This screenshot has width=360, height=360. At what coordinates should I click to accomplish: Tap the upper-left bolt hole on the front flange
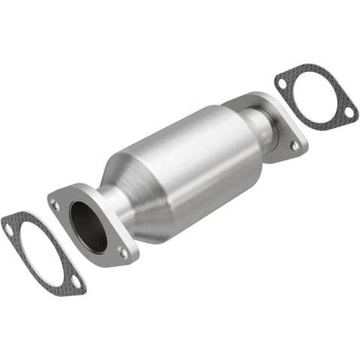[55, 203]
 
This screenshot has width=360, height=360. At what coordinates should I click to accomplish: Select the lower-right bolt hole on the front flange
[121, 253]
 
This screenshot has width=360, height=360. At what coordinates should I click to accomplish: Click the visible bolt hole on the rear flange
[295, 145]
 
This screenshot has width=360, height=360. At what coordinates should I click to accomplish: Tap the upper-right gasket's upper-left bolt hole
[282, 80]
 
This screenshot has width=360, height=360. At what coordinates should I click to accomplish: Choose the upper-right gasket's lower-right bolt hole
[348, 112]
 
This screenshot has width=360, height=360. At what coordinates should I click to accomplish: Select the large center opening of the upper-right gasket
[315, 96]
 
